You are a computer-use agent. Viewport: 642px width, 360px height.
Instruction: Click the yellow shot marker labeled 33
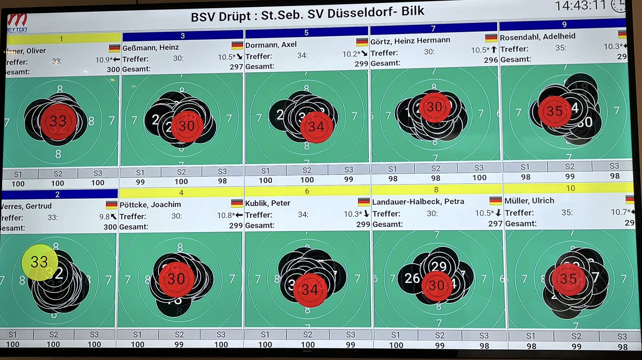pyautogui.click(x=39, y=262)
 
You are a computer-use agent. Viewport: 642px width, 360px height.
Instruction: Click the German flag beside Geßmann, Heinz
pyautogui.click(x=237, y=45)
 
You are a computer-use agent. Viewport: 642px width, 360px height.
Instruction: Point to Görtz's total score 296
pyautogui.click(x=491, y=60)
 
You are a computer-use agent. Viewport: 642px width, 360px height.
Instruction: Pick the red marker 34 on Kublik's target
pyautogui.click(x=310, y=290)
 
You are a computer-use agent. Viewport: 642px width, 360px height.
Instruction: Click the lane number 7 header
pyautogui.click(x=433, y=28)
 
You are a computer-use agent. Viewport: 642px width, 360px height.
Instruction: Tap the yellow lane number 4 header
pyautogui.click(x=181, y=192)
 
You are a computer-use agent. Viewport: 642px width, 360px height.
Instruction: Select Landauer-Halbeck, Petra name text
pyautogui.click(x=418, y=202)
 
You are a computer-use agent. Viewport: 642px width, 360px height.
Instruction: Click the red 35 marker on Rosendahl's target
pyautogui.click(x=554, y=111)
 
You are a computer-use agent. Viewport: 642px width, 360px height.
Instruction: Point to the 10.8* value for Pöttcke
pyautogui.click(x=226, y=216)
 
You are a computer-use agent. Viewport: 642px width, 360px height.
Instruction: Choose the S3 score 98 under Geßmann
pyautogui.click(x=222, y=181)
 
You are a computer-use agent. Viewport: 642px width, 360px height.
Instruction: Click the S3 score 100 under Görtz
pyautogui.click(x=479, y=178)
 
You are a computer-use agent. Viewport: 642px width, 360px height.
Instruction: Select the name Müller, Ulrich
pyautogui.click(x=529, y=201)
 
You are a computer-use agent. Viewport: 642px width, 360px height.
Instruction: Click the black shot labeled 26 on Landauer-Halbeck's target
pyautogui.click(x=412, y=278)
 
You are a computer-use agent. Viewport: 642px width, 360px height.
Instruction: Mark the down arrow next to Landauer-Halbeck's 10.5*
pyautogui.click(x=498, y=213)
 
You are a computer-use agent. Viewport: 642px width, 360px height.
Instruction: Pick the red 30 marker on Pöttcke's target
pyautogui.click(x=176, y=279)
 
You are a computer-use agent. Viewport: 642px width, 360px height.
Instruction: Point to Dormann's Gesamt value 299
pyautogui.click(x=361, y=64)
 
